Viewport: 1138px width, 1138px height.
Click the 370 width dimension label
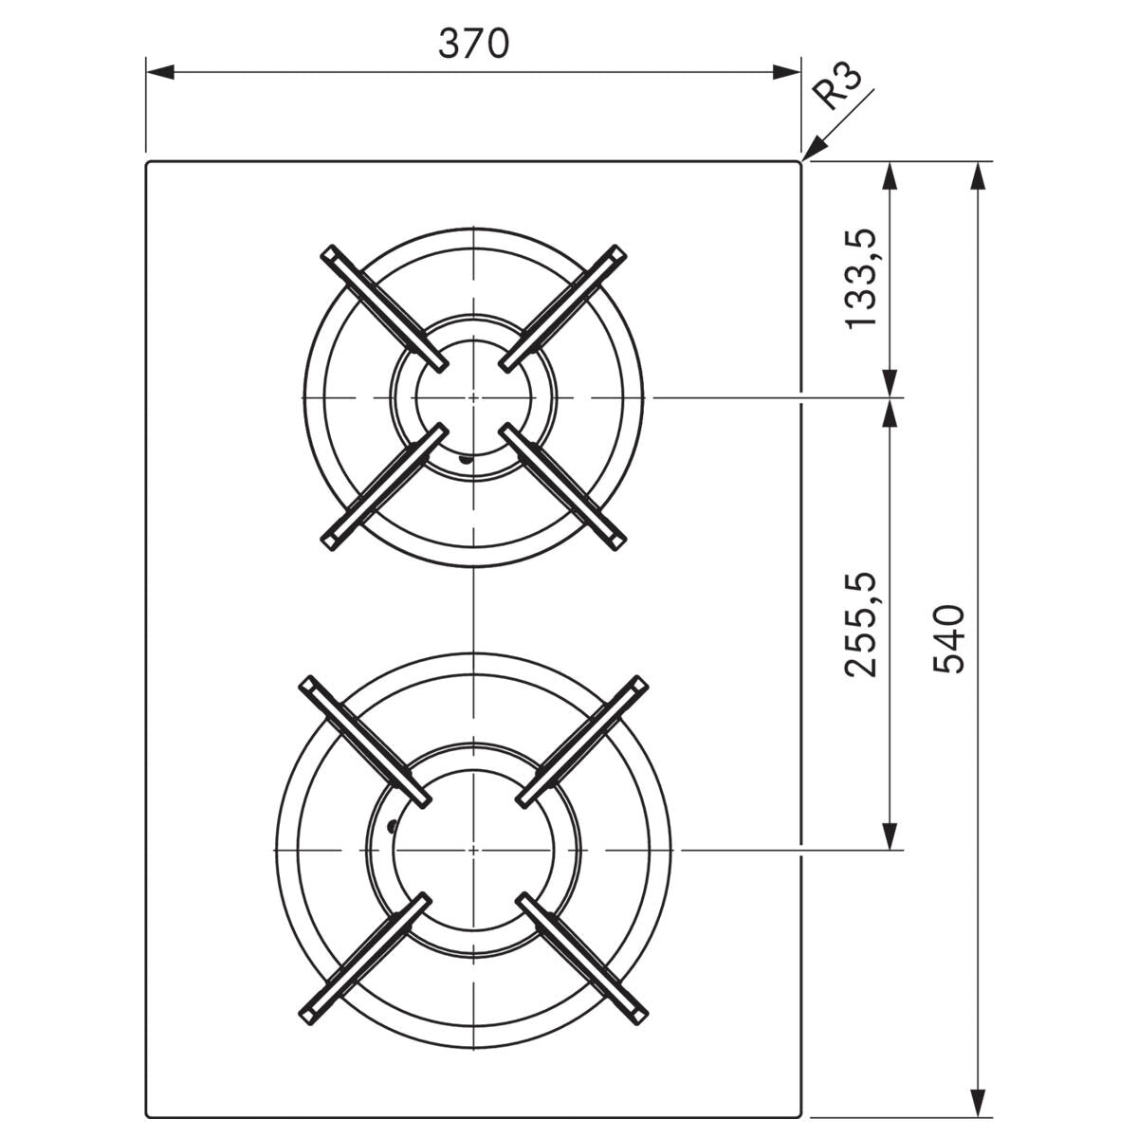tap(474, 43)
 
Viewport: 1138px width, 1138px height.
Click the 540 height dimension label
tap(947, 637)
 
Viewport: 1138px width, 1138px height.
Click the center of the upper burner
tap(472, 396)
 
